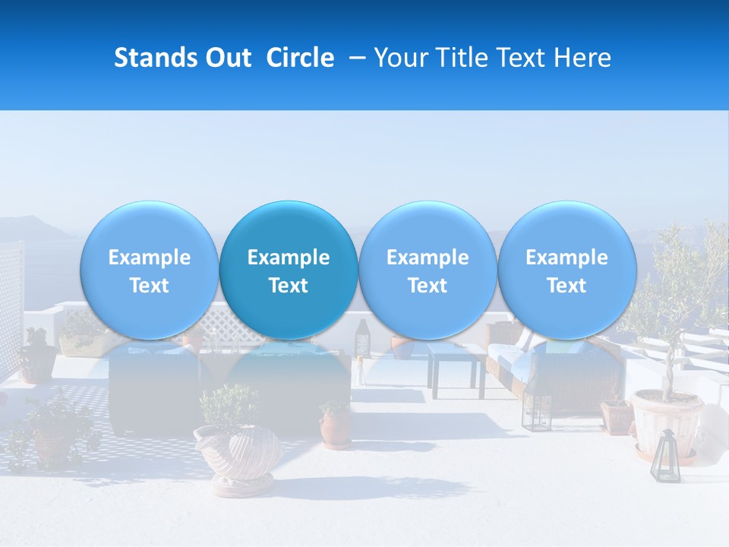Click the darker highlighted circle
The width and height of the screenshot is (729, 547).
click(289, 270)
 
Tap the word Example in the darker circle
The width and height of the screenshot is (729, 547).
click(289, 258)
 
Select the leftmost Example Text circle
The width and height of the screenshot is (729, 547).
click(149, 270)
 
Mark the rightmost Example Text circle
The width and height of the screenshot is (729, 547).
click(566, 270)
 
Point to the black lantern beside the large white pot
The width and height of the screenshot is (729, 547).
click(665, 456)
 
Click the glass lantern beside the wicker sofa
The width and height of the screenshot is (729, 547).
click(537, 410)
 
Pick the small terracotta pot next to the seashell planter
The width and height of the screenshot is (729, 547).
click(335, 425)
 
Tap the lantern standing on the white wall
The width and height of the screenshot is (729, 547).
click(363, 334)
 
